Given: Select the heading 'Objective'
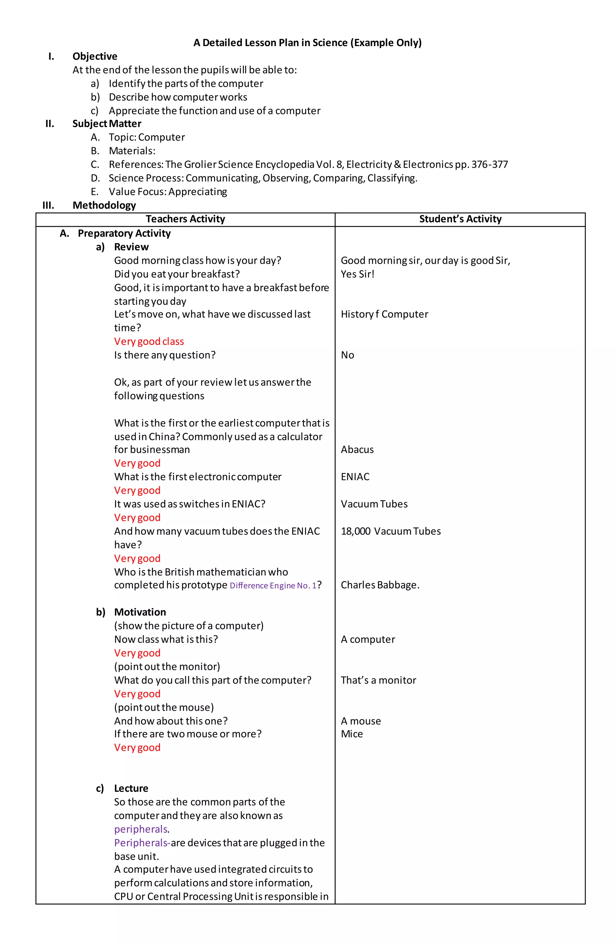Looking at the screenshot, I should pos(95,56).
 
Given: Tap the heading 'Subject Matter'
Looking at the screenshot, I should pos(106,124).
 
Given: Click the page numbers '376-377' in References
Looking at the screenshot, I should pos(489,164).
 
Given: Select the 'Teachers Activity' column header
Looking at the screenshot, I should pos(185,219).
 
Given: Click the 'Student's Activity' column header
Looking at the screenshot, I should pos(460,219).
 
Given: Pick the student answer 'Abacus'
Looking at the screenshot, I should pos(357,449).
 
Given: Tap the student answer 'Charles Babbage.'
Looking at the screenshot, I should pos(380,585).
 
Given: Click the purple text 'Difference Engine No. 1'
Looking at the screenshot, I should pos(273,586).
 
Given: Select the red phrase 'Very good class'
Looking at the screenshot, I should pos(149,341).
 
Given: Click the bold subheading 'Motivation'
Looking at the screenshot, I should pos(140,612).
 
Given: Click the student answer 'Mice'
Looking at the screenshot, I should pos(352,734).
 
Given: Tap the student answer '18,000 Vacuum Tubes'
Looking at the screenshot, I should pos(390,531).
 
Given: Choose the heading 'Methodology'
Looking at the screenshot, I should pos(104,205).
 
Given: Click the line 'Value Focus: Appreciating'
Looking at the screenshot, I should pos(168,192).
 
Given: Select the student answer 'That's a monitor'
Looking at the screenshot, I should pos(378,680).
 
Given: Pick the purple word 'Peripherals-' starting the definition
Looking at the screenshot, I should pos(142,843).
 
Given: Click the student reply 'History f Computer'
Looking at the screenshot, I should pos(384,314).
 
